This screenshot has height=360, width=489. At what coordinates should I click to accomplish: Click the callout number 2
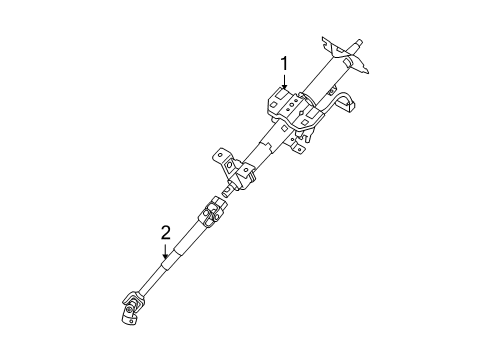(166, 233)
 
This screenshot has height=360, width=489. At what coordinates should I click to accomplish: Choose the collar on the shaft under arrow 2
(164, 262)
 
